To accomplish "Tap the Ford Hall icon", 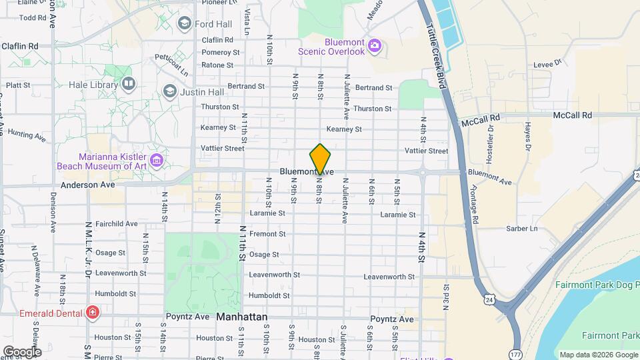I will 185,24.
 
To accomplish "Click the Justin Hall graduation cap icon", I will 169,91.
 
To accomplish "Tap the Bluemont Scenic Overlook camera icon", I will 375,45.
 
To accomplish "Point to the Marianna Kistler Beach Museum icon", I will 157,160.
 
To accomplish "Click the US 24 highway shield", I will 490,301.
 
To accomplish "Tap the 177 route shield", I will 515,353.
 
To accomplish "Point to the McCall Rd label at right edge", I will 572,115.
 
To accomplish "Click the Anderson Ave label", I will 87,185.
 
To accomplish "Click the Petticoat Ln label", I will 171,65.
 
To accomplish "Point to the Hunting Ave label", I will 27,135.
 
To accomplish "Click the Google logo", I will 21,351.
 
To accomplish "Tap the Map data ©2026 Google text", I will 597,355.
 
